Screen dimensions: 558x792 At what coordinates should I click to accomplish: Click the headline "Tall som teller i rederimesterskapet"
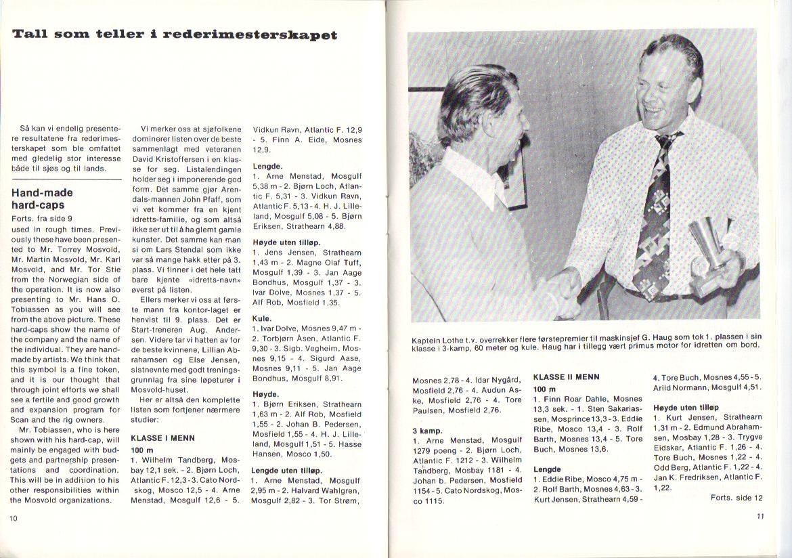pos(175,35)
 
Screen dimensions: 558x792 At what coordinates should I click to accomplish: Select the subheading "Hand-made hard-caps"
pos(42,198)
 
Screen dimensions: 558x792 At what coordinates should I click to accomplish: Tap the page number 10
pos(13,518)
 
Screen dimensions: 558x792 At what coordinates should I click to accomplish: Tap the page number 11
pos(759,517)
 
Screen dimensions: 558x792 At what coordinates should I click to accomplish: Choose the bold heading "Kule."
pos(262,318)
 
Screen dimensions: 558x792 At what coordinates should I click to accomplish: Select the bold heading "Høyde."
pos(265,393)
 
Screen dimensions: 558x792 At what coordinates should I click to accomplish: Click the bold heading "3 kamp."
pos(427,430)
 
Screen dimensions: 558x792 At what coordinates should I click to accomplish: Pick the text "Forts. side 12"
pos(736,497)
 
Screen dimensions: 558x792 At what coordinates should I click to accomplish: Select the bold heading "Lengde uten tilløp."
pos(286,469)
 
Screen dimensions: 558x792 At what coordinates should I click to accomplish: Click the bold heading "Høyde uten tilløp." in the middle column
pos(286,242)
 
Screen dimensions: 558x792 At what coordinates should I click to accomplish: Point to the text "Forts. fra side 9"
pos(42,219)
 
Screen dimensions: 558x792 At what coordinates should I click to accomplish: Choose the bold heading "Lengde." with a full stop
pos(267,165)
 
